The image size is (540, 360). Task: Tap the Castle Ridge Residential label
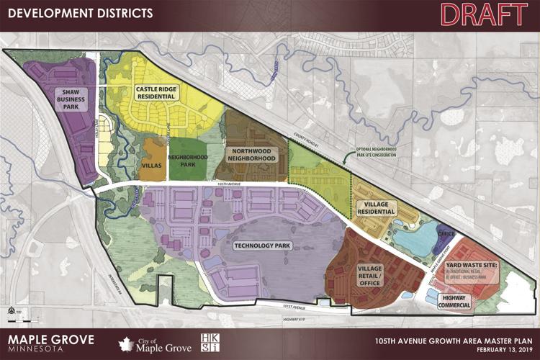pos(156,92)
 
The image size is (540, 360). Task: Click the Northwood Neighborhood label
pos(251,154)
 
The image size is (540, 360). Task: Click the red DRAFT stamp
pos(483,14)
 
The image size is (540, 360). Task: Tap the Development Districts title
pos(78,13)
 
